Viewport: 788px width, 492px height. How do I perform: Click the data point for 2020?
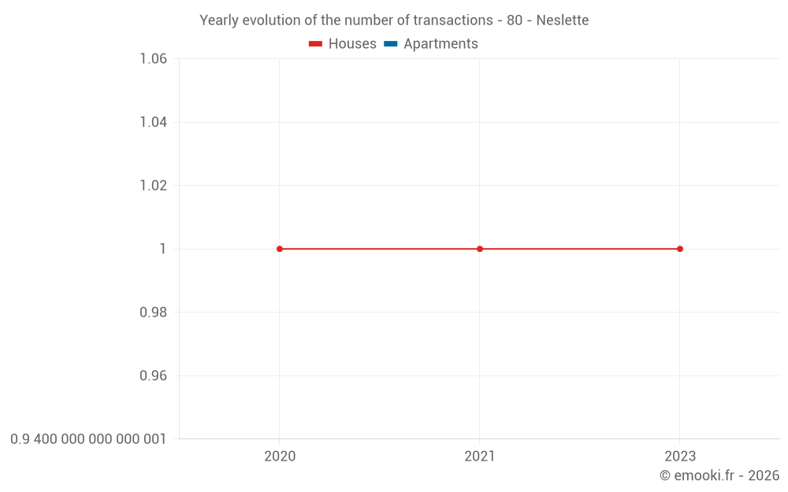tap(280, 249)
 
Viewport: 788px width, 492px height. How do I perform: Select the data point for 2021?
tap(480, 249)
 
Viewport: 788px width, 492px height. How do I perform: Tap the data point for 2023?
tap(680, 249)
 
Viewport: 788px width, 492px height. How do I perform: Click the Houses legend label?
tap(352, 44)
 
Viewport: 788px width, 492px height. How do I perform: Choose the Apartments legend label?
tap(440, 44)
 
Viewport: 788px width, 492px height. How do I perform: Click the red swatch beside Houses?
tap(316, 44)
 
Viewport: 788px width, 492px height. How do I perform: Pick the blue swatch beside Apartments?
tap(391, 44)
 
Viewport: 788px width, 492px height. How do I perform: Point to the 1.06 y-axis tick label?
tap(153, 59)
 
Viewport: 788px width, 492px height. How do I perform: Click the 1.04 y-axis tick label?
tap(153, 122)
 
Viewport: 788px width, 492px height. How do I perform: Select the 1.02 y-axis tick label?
tap(153, 186)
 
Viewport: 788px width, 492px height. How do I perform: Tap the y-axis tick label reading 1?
tap(163, 249)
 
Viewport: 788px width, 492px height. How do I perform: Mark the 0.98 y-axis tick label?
tap(153, 313)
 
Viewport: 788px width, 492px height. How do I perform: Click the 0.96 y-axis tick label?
tap(153, 375)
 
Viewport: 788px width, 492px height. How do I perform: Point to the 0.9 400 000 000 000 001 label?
tap(88, 439)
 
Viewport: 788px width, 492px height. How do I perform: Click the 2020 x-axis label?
tap(280, 457)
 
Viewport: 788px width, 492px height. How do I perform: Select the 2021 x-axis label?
tap(480, 457)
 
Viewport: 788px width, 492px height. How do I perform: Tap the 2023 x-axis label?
tap(680, 457)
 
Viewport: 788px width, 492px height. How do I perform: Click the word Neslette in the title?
tap(562, 20)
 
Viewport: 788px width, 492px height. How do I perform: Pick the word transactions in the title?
tap(453, 20)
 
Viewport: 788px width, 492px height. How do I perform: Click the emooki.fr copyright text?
tap(719, 475)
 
